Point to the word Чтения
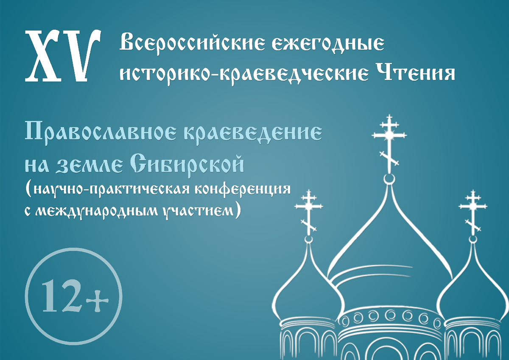tap(414, 73)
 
